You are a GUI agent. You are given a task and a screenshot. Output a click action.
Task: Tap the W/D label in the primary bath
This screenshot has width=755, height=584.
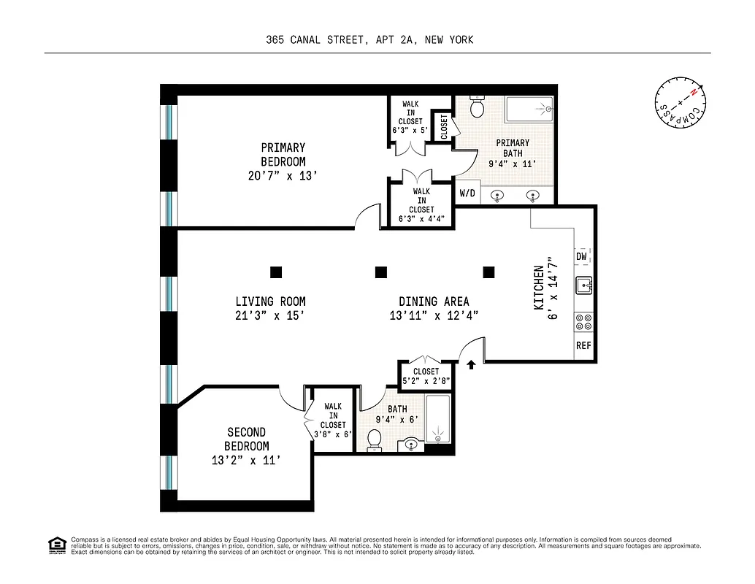click(466, 193)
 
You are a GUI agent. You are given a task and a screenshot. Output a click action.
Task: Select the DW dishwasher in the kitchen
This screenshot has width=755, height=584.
click(582, 256)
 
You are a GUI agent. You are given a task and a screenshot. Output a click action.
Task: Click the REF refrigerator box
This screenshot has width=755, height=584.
click(583, 345)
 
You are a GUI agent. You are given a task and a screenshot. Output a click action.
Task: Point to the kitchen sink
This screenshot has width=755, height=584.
click(584, 285)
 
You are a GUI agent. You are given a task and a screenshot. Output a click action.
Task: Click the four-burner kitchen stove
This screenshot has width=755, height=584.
click(584, 322)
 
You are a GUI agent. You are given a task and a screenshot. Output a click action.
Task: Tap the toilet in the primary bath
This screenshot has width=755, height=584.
click(478, 107)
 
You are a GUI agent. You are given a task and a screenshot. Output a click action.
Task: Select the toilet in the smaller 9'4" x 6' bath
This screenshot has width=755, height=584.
click(375, 440)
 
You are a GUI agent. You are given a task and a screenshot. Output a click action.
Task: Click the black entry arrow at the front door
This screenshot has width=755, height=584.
click(471, 364)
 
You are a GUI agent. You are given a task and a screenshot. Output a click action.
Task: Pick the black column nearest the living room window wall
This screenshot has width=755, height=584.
click(275, 272)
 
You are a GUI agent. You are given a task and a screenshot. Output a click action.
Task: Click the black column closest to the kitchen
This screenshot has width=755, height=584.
click(488, 272)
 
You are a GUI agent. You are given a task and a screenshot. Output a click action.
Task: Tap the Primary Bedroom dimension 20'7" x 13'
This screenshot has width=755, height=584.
click(283, 175)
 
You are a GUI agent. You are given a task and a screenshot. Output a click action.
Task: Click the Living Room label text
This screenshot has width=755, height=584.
click(270, 301)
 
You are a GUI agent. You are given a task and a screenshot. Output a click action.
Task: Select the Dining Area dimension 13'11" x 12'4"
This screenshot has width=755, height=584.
click(434, 316)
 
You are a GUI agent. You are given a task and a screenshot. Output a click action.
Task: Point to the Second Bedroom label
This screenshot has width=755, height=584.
click(246, 439)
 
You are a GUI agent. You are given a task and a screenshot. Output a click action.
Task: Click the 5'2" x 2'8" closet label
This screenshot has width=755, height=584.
click(426, 380)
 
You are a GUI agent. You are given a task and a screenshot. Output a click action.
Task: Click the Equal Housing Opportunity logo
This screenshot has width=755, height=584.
click(56, 545)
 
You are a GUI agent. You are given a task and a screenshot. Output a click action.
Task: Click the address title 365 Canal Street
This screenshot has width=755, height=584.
click(369, 40)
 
